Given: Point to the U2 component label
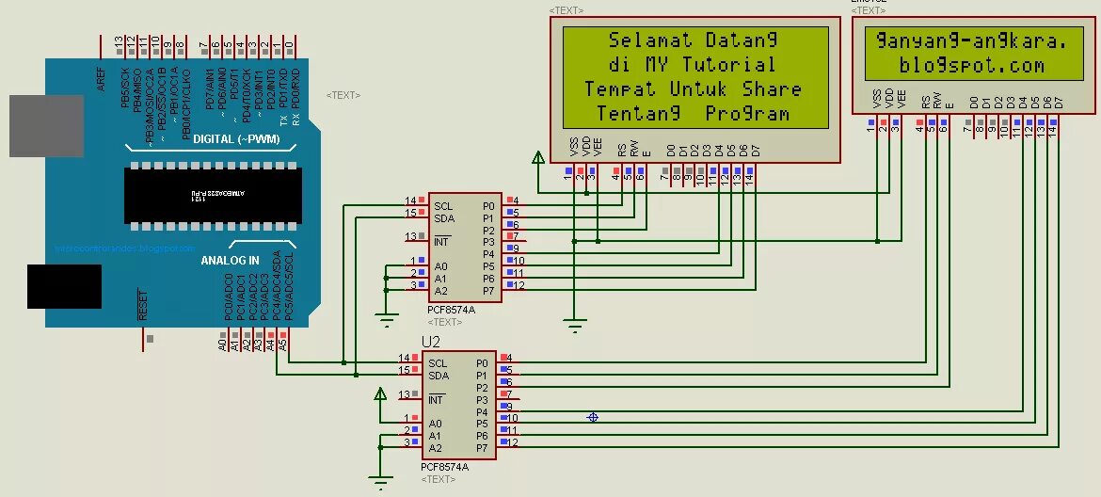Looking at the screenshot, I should tap(431, 342).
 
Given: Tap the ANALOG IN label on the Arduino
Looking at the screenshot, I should tap(230, 261).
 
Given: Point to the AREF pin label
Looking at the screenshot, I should tap(101, 79).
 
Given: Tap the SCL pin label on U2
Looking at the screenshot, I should tap(438, 363).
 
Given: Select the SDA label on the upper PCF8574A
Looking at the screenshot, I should tap(444, 218).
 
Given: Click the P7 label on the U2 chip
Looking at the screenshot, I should tap(482, 448).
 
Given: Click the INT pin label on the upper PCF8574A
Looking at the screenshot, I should tap(442, 242).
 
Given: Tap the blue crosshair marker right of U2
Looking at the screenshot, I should tap(593, 417).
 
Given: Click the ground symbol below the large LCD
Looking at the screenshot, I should tap(575, 327).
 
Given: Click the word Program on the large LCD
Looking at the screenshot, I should tap(747, 114).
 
